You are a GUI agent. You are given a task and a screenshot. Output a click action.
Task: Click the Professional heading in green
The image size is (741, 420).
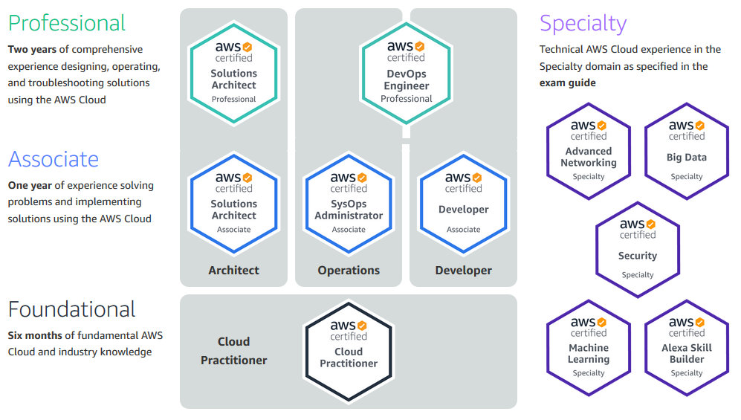click(67, 23)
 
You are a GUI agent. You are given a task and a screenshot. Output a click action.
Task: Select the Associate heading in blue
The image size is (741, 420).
click(54, 159)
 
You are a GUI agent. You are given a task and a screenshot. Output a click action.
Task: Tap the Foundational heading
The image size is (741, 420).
click(72, 309)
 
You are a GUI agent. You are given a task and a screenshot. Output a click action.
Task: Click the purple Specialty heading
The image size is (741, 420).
click(583, 24)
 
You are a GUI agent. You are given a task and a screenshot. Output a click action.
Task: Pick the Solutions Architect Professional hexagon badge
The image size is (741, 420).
click(233, 72)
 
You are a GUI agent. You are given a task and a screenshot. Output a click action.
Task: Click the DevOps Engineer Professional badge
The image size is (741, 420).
click(406, 72)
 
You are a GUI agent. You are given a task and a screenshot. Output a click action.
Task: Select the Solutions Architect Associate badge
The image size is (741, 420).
click(233, 203)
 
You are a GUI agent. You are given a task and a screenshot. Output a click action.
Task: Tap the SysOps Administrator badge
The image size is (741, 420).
click(349, 203)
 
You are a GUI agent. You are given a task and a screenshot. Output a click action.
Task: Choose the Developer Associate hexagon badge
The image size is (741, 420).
click(463, 203)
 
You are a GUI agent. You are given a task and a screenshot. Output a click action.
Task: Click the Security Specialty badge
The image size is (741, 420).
click(637, 249)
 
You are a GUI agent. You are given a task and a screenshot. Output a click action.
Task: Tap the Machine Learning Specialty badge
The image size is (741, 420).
click(589, 347)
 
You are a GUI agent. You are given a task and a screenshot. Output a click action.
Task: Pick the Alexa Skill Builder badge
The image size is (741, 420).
click(686, 347)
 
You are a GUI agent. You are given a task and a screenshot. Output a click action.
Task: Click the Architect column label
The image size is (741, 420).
click(233, 271)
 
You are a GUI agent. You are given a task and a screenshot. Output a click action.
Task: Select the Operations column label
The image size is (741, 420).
click(349, 271)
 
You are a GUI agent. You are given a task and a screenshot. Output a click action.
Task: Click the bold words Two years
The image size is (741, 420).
click(32, 50)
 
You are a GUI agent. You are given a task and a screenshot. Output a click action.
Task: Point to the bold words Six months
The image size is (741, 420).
click(36, 336)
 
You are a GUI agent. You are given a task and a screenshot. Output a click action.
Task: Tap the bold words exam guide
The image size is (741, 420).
click(568, 83)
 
